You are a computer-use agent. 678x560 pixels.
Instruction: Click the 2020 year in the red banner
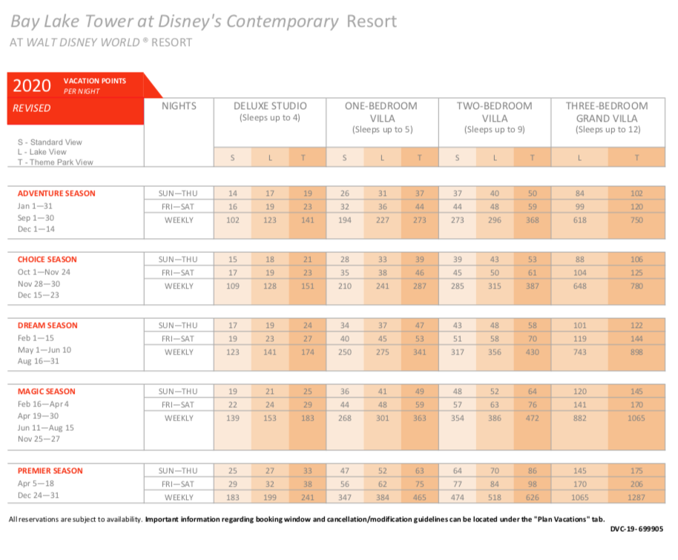[32, 85]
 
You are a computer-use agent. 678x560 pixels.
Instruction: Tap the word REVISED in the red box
[32, 108]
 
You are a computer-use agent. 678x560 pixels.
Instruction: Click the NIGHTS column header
[179, 106]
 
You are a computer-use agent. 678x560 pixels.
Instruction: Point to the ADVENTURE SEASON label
[56, 194]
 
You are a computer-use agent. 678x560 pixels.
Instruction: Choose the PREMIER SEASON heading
[50, 470]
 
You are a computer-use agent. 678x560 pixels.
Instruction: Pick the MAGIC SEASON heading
[46, 392]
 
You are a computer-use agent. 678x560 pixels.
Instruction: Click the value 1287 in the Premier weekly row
[636, 497]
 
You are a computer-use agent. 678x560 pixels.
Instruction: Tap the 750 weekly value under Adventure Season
[636, 220]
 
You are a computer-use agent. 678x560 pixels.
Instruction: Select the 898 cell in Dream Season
[636, 352]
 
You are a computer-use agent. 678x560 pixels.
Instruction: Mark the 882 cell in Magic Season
[580, 418]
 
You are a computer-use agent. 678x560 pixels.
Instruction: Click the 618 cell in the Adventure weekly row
[580, 220]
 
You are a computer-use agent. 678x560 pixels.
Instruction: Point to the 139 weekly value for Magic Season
[233, 418]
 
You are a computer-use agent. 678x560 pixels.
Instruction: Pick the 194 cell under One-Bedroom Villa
[345, 220]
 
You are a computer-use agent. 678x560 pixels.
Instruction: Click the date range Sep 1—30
[36, 217]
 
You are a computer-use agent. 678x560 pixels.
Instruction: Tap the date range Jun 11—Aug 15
[46, 428]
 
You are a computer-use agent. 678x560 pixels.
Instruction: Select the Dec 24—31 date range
[38, 495]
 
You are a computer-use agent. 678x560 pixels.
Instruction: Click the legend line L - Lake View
[42, 152]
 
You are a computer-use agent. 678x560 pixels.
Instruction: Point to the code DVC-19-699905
[636, 529]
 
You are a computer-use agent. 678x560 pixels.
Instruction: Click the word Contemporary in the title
[283, 22]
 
